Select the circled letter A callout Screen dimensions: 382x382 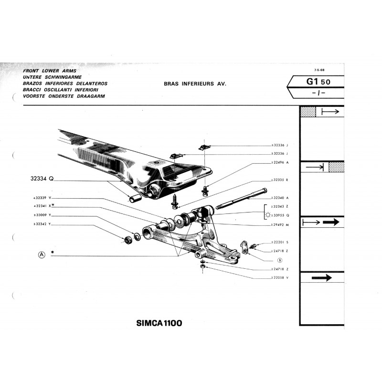42,255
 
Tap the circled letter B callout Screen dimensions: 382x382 279,261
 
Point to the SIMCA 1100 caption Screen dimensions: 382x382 156,323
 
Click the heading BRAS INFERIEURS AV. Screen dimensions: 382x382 194,84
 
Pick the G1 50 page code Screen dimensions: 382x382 317,82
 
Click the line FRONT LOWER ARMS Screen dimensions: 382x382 46,71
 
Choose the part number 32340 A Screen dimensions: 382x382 280,198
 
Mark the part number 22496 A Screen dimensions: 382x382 280,162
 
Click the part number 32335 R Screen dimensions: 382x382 280,180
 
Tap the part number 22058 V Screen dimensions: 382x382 280,277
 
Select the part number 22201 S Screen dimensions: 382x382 280,243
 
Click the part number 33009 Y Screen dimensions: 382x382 42,215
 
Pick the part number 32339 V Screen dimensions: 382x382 42,198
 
